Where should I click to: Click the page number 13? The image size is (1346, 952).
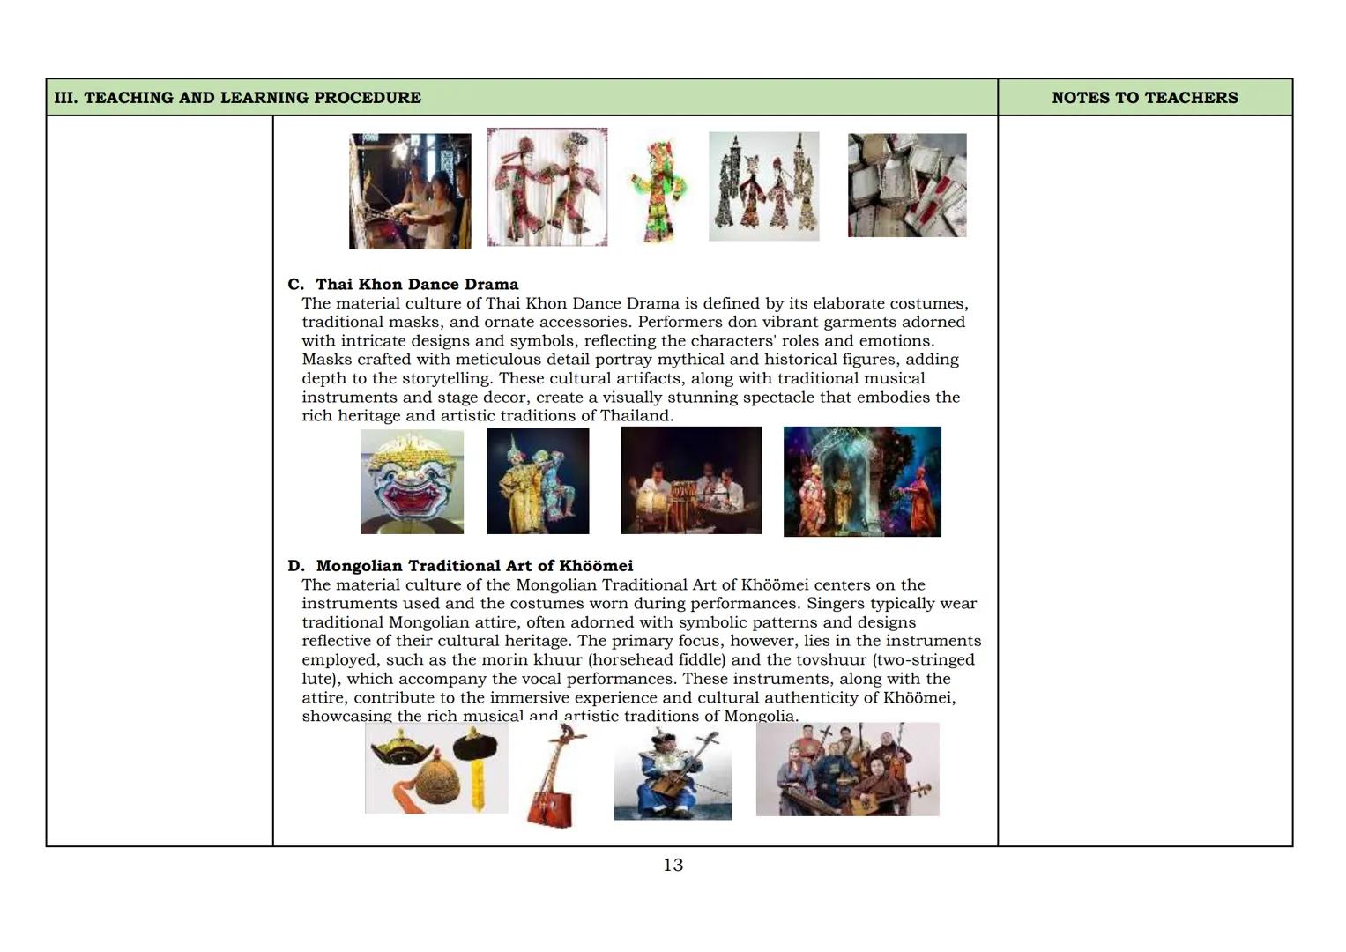pyautogui.click(x=673, y=865)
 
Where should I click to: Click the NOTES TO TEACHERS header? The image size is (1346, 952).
pyautogui.click(x=1144, y=98)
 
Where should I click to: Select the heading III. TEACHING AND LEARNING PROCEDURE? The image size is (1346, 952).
pyautogui.click(x=237, y=98)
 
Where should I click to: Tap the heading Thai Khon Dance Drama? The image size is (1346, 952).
pyautogui.click(x=416, y=284)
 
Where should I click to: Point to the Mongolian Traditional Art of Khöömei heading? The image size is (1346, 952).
pyautogui.click(x=473, y=566)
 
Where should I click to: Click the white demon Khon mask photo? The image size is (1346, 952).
pyautogui.click(x=412, y=481)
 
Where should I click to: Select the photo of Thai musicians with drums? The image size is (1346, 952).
pyautogui.click(x=690, y=480)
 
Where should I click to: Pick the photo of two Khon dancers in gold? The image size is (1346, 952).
pyautogui.click(x=538, y=481)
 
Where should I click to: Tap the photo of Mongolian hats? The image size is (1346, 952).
pyautogui.click(x=435, y=769)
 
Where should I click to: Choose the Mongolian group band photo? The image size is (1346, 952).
pyautogui.click(x=847, y=770)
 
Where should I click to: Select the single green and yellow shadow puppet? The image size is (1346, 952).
pyautogui.click(x=657, y=190)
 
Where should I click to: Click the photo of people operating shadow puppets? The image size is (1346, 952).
pyautogui.click(x=410, y=191)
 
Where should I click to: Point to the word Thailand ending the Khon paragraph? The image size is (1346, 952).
pyautogui.click(x=636, y=416)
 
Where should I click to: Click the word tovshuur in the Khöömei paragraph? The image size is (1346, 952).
pyautogui.click(x=833, y=660)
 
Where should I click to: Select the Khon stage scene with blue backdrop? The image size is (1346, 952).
pyautogui.click(x=861, y=481)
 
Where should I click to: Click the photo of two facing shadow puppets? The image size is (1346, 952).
pyautogui.click(x=547, y=187)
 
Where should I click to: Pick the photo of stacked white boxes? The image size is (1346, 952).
pyautogui.click(x=906, y=185)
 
